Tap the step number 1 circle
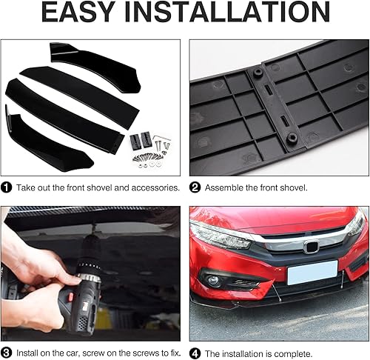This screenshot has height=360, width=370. point(7,188)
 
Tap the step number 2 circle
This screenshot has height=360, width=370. point(195,188)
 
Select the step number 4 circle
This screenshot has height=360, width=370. point(195,354)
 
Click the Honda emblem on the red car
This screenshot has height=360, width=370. point(311,245)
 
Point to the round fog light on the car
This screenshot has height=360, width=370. point(214,281)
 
